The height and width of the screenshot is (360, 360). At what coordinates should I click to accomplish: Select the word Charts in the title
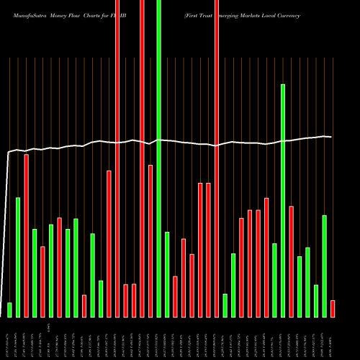pos(100,14)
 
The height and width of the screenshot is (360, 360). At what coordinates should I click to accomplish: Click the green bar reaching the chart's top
pos(158,158)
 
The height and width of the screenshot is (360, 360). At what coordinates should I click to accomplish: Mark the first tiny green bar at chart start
pos(9,310)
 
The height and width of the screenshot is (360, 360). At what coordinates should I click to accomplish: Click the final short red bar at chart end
pos(332,309)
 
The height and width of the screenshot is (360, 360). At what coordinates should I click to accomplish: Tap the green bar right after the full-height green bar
pos(167,274)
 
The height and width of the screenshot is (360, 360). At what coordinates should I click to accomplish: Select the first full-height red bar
pos(117,158)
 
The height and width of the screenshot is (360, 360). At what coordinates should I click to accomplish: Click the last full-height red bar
pos(217,158)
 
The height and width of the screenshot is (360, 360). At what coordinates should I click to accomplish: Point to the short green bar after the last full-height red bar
pos(225,305)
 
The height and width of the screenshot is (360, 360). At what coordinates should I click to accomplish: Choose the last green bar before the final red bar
pos(324,266)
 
